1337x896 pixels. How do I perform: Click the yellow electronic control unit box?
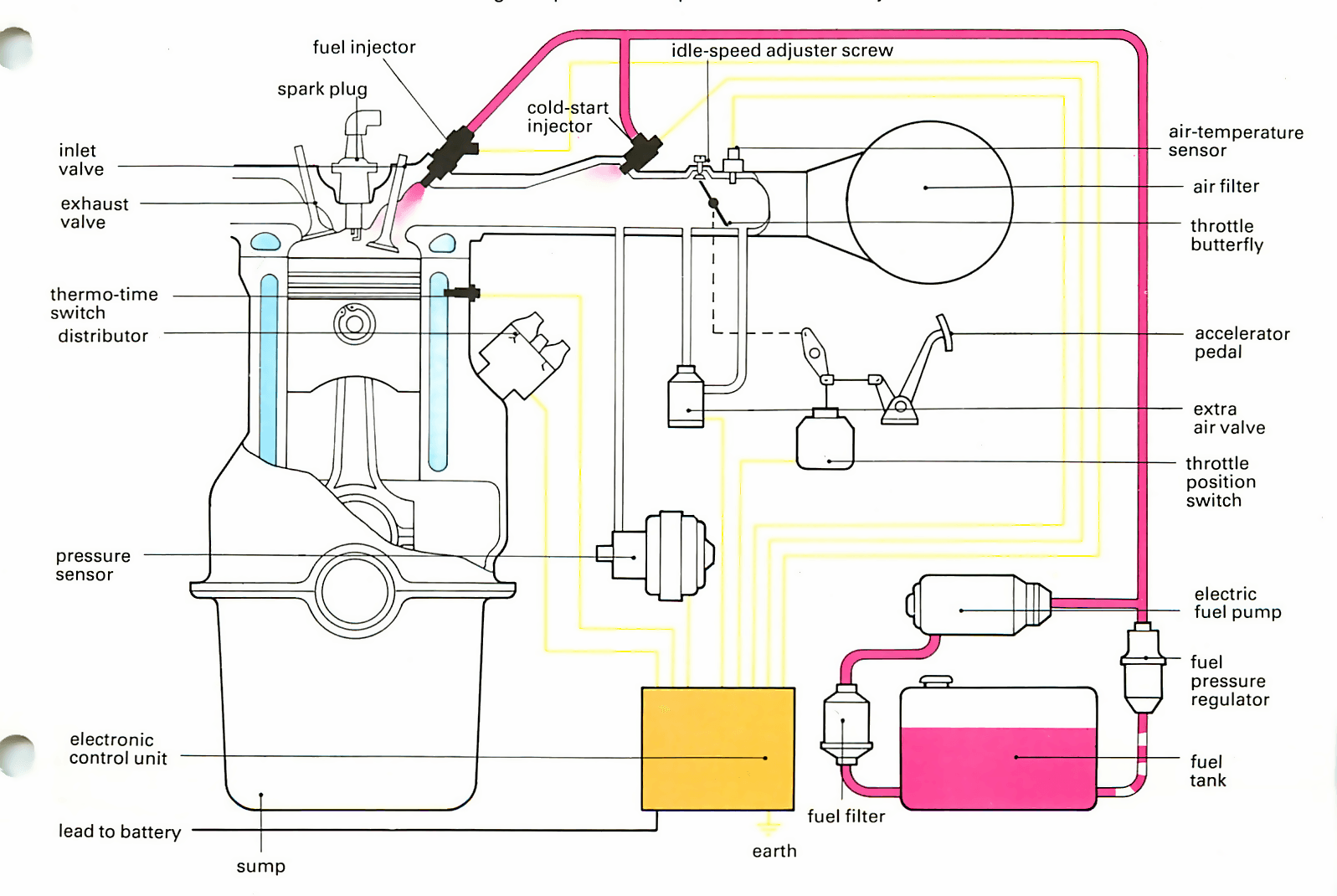click(x=718, y=749)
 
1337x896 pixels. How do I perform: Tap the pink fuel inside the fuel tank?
click(x=999, y=768)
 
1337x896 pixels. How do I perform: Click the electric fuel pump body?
click(x=979, y=605)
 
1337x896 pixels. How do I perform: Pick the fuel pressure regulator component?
click(x=1143, y=668)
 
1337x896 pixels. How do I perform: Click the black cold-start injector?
click(x=641, y=152)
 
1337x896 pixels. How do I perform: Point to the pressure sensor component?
click(x=656, y=555)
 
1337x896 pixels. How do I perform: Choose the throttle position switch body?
click(x=825, y=440)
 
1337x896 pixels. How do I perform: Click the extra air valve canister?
click(x=686, y=396)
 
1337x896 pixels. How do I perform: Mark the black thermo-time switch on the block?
click(x=462, y=292)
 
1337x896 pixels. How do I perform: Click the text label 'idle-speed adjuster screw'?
click(x=782, y=51)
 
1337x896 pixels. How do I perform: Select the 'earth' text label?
click(x=774, y=852)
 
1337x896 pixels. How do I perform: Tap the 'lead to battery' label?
click(x=120, y=832)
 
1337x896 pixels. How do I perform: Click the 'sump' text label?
click(x=261, y=867)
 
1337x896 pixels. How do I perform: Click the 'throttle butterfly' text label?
click(x=1226, y=235)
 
